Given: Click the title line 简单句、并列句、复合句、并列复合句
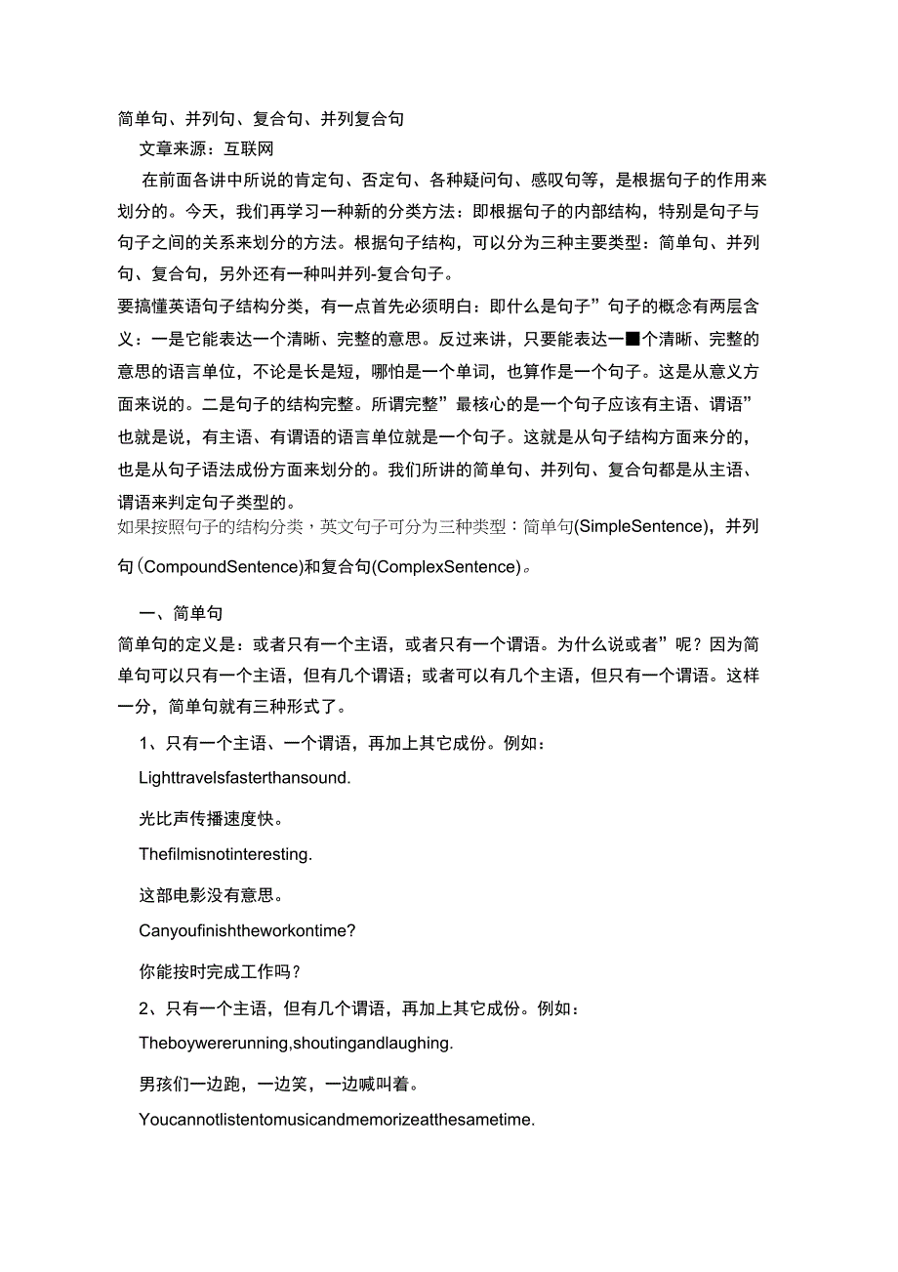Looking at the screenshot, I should (x=261, y=119).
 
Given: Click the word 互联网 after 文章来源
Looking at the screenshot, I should (x=249, y=149).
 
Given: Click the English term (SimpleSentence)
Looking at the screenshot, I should (x=640, y=527).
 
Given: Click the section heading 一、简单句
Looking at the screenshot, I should (x=182, y=613).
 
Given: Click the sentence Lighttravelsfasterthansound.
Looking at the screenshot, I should (x=245, y=778).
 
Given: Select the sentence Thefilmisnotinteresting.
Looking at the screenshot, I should (x=225, y=854).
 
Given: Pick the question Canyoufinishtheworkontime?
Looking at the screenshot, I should (x=247, y=931).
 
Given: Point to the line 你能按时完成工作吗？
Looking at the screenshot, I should (x=221, y=970).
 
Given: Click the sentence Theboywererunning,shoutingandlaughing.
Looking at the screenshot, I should (x=296, y=1044).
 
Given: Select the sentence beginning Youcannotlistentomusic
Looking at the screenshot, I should (x=337, y=1121).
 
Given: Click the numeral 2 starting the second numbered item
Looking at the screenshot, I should (x=144, y=1007).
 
